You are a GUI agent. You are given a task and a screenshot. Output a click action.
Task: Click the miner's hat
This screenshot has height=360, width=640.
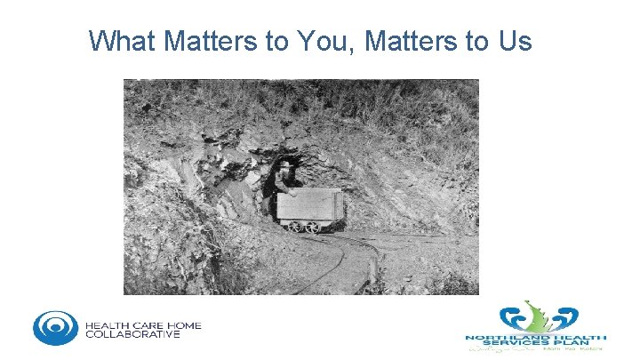pyautogui.click(x=284, y=164)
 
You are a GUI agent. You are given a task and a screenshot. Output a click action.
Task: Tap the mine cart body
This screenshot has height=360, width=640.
pyautogui.click(x=309, y=206)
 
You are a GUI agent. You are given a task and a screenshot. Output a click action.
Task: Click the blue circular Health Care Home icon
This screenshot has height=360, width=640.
pyautogui.click(x=55, y=327)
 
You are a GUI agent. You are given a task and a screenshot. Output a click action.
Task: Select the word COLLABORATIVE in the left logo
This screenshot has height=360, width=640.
pyautogui.click(x=133, y=335)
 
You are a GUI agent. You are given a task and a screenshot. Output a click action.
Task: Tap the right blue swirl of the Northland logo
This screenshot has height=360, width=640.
pyautogui.click(x=564, y=318)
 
